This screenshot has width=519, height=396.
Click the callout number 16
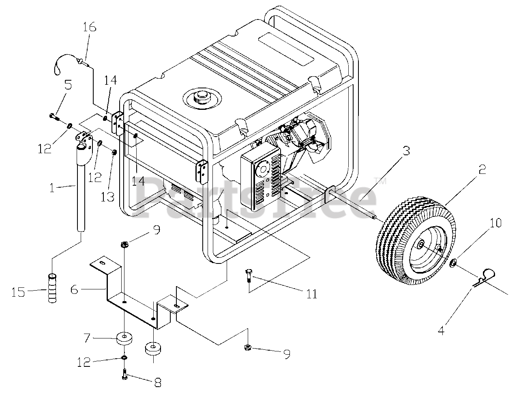pyautogui.click(x=90, y=28)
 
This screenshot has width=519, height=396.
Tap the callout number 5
pyautogui.click(x=68, y=85)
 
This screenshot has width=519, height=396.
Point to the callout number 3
pyautogui.click(x=406, y=151)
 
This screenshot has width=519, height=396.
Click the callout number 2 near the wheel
pyautogui.click(x=481, y=169)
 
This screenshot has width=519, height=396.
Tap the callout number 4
pyautogui.click(x=441, y=330)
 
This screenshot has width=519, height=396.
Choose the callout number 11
pyautogui.click(x=311, y=293)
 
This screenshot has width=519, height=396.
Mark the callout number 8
pyautogui.click(x=157, y=382)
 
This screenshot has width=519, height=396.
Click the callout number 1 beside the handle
pyautogui.click(x=51, y=187)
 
